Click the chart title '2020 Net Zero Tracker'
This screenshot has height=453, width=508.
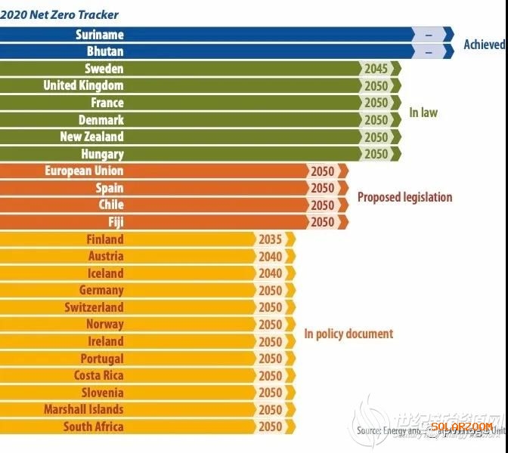[x=60, y=14]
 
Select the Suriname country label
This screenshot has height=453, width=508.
[x=100, y=35]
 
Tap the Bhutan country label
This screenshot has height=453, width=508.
[x=104, y=51]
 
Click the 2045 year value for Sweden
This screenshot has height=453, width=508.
[x=376, y=69]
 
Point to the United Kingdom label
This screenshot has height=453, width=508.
[x=83, y=85]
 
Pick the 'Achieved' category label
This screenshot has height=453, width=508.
[x=484, y=45]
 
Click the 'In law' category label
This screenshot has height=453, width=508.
[x=423, y=112]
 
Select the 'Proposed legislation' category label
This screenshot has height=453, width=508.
[x=404, y=197]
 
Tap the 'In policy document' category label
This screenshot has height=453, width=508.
[x=348, y=334]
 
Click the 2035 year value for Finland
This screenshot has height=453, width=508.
[x=270, y=239]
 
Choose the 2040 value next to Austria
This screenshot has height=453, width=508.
[x=270, y=257]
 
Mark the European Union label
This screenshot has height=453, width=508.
[x=84, y=171]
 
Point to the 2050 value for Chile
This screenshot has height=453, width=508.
[x=323, y=205]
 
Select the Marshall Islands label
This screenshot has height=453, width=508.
[x=83, y=409]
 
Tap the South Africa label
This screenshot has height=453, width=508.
[x=93, y=427]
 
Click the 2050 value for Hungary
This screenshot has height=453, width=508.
[x=376, y=154]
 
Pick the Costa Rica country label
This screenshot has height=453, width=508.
[x=98, y=375]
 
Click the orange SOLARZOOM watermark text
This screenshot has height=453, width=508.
[x=462, y=427]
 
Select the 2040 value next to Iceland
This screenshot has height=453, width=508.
[x=270, y=273]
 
